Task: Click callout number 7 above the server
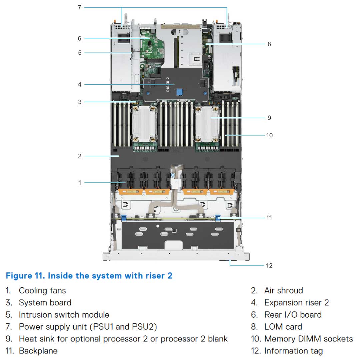(x=79, y=7)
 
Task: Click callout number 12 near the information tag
(x=269, y=265)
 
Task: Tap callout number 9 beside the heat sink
(x=269, y=118)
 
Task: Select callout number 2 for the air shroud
(x=80, y=156)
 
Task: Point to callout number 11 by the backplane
(x=269, y=217)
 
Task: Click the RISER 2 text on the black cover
(x=168, y=84)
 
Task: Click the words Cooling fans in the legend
(x=42, y=290)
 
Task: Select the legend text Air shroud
(x=283, y=290)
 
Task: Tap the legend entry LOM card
(x=283, y=327)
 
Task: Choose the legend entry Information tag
(x=293, y=351)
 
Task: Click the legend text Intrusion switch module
(x=64, y=315)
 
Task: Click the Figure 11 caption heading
(x=89, y=276)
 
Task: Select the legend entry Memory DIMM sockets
(x=308, y=339)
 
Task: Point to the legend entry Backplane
(x=38, y=351)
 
